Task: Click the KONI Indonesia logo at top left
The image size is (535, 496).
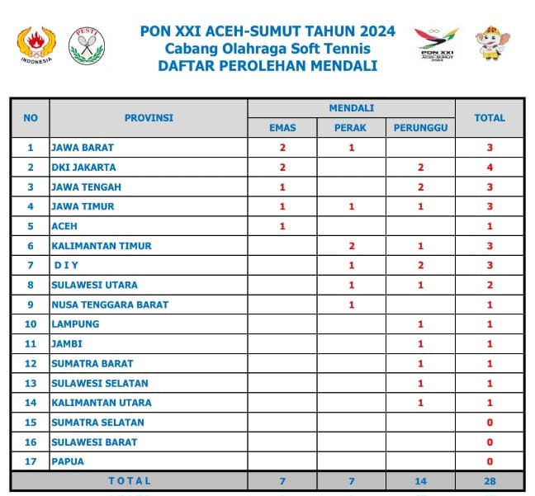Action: click(x=34, y=45)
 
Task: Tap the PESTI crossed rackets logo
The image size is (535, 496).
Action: click(x=86, y=45)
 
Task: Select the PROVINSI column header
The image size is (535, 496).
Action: click(x=149, y=118)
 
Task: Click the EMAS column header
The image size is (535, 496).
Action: click(x=282, y=128)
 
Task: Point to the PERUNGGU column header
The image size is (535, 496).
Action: click(x=420, y=128)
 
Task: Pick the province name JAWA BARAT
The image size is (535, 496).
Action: click(x=83, y=148)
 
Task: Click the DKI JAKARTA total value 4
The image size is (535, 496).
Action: click(x=490, y=168)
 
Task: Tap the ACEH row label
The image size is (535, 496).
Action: click(x=64, y=226)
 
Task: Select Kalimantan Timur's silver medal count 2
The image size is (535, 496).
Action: click(x=351, y=246)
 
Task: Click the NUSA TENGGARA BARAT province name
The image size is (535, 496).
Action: click(x=110, y=305)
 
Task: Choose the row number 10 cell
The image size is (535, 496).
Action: click(x=31, y=324)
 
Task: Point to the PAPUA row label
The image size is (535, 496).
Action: click(x=68, y=461)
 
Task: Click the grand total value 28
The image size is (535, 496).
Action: click(x=490, y=480)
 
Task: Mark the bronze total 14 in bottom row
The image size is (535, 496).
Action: click(x=420, y=480)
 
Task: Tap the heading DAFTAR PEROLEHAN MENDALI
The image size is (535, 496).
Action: click(x=267, y=66)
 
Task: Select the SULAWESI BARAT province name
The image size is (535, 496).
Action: click(x=94, y=442)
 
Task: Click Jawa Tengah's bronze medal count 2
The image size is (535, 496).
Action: click(x=420, y=187)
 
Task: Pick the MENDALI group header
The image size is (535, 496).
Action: click(x=352, y=108)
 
